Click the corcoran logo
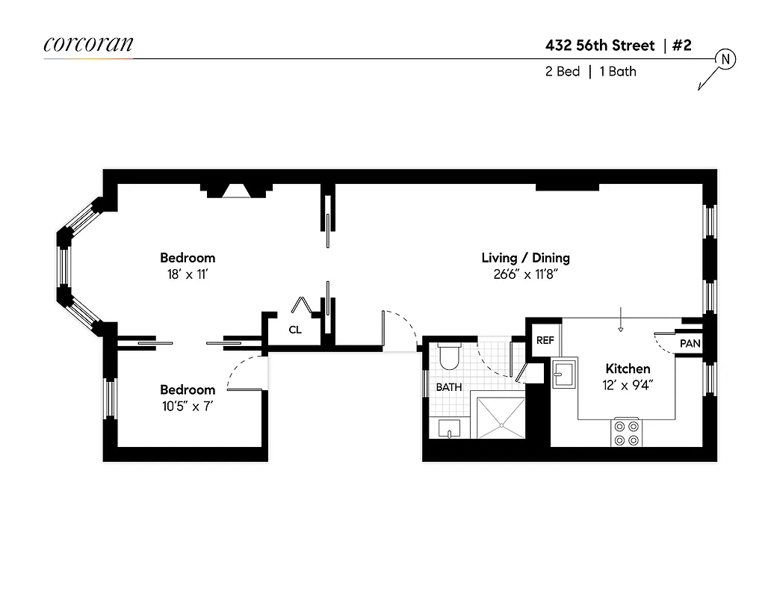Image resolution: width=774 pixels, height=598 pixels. (x=88, y=44)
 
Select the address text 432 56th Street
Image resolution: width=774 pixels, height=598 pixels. (x=600, y=46)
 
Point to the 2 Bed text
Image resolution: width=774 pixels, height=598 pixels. (x=563, y=73)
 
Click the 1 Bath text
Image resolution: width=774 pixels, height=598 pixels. (x=618, y=73)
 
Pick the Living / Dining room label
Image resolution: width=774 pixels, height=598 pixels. (x=525, y=258)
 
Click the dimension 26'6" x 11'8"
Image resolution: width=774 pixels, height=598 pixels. (x=525, y=274)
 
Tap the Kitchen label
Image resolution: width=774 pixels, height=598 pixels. (x=628, y=369)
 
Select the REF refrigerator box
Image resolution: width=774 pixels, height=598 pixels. (x=545, y=340)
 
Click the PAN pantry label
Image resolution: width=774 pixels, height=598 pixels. (x=689, y=344)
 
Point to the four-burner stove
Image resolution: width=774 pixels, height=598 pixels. (x=628, y=431)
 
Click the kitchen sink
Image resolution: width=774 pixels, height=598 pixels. (x=564, y=373)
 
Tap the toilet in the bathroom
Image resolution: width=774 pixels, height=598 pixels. (x=450, y=357)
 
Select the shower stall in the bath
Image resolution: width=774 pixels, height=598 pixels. (x=500, y=419)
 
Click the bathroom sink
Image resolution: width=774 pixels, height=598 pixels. (x=448, y=428)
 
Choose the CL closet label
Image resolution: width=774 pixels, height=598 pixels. (x=295, y=330)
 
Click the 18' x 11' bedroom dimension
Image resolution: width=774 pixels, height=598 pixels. (x=188, y=274)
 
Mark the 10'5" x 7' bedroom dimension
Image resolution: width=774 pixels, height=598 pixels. (x=188, y=406)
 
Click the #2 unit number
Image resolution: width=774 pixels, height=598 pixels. (x=681, y=46)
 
